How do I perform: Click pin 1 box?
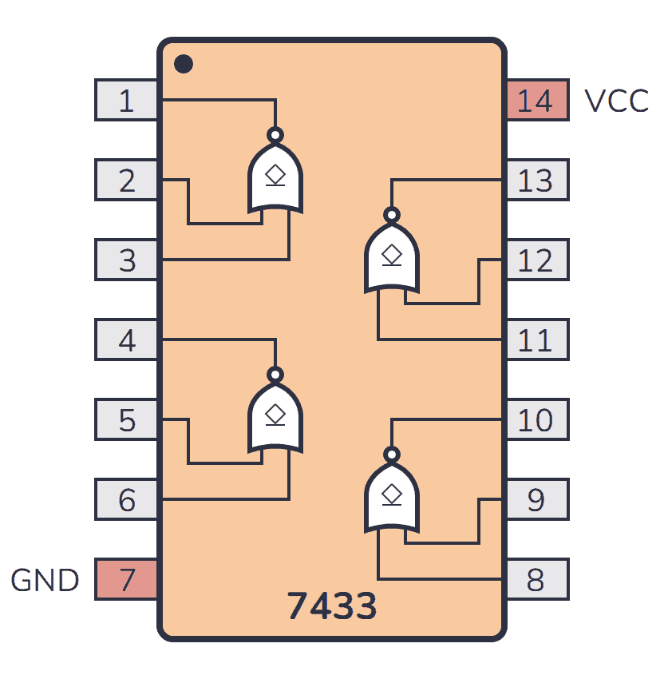[x=126, y=100]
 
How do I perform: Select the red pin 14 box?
[x=537, y=100]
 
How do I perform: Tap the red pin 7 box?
[x=126, y=579]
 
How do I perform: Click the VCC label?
[x=616, y=101]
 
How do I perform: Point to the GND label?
[x=45, y=580]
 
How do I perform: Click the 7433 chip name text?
[x=332, y=606]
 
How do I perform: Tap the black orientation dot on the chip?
[x=184, y=64]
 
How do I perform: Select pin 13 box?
[x=537, y=180]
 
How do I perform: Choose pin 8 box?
[x=537, y=579]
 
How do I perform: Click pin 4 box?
[x=126, y=339]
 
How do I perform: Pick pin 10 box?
[x=537, y=419]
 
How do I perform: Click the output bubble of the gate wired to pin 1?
[x=275, y=135]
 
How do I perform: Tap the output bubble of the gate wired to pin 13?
[x=392, y=215]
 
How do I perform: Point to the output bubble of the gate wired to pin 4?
[x=275, y=375]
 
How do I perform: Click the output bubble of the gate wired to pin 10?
[x=392, y=455]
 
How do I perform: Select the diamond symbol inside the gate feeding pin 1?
[x=275, y=175]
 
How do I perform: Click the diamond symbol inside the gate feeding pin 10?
[x=392, y=494]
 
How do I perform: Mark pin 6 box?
[x=126, y=499]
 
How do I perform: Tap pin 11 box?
[x=537, y=339]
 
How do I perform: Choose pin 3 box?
[x=126, y=260]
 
